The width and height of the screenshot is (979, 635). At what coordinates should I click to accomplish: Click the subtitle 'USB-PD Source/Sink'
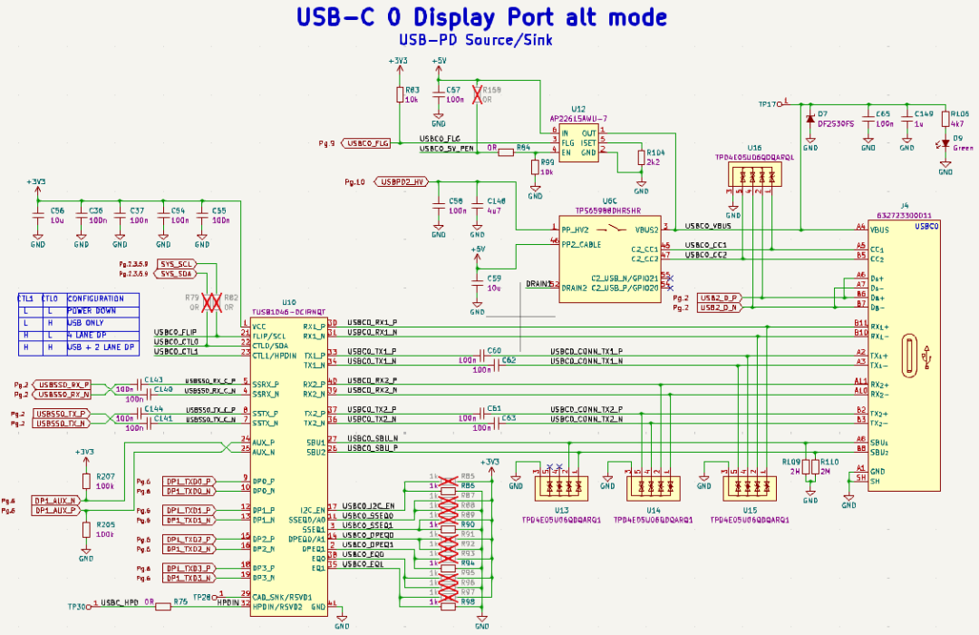pyautogui.click(x=475, y=40)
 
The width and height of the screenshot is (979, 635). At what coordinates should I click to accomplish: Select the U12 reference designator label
pyautogui.click(x=577, y=108)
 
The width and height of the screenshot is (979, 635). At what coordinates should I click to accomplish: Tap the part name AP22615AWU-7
pyautogui.click(x=578, y=118)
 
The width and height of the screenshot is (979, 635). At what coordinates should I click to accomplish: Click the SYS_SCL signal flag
pyautogui.click(x=176, y=263)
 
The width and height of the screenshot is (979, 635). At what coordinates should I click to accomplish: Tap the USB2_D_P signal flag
pyautogui.click(x=719, y=298)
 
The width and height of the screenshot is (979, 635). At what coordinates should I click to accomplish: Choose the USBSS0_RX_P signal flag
pyautogui.click(x=63, y=385)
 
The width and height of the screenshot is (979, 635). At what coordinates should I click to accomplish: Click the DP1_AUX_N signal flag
pyautogui.click(x=55, y=500)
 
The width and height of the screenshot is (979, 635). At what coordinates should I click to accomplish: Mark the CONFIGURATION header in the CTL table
pyautogui.click(x=95, y=298)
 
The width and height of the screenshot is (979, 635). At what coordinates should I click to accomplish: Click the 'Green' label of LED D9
pyautogui.click(x=963, y=148)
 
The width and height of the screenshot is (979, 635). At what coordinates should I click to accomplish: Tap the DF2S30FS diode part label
pyautogui.click(x=837, y=123)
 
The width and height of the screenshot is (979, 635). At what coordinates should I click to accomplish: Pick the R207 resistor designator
pyautogui.click(x=105, y=476)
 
